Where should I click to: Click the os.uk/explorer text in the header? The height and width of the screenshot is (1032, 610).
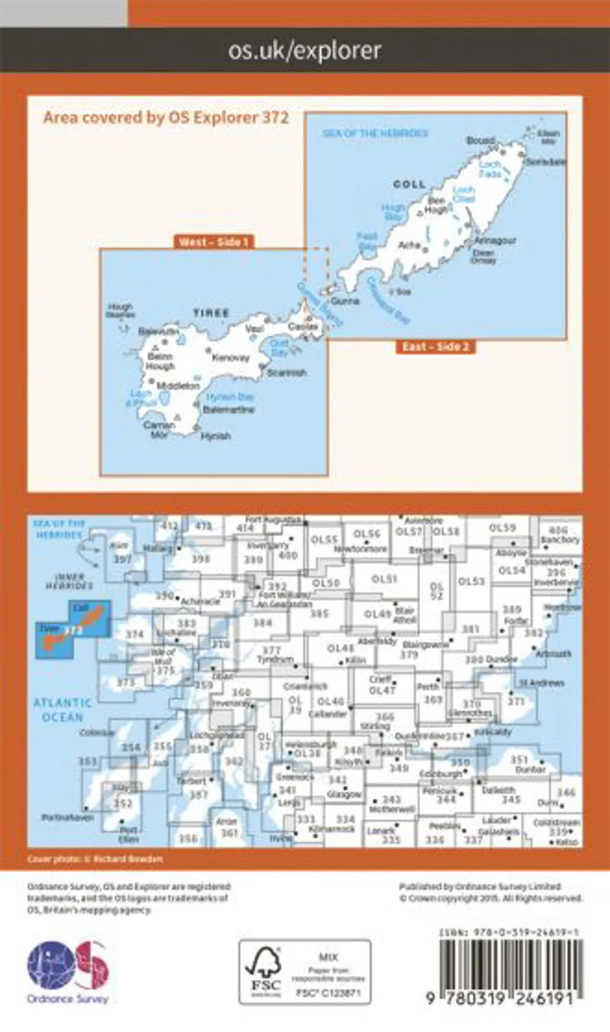point(305,51)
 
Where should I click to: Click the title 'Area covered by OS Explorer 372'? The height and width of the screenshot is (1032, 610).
point(165,117)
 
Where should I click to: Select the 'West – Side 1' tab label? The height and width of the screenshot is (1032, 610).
point(213,242)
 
